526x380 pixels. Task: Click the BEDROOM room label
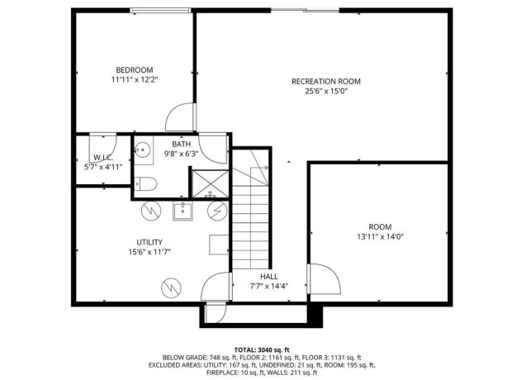[x=133, y=69]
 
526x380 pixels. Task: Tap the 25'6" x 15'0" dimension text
[x=325, y=92]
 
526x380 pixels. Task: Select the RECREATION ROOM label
[x=325, y=81]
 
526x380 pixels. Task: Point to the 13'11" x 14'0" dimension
[x=380, y=236]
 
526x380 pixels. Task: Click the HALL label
[x=269, y=277]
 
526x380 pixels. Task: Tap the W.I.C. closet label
[x=103, y=156]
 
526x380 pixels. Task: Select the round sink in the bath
[x=142, y=150]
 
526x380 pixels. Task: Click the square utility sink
[x=182, y=211]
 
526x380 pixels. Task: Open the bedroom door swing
[x=180, y=118]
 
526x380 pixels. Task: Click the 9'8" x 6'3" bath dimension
[x=181, y=154]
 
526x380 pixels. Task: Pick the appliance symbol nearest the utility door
[x=170, y=287]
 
